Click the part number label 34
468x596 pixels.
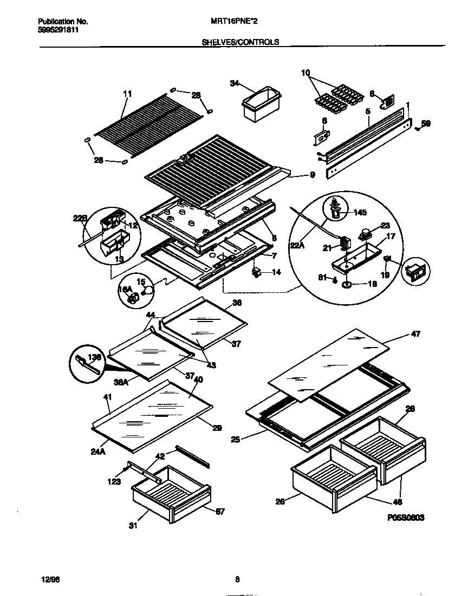tap(234, 83)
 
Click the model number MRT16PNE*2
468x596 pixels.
tap(233, 22)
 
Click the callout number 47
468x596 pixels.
tap(416, 335)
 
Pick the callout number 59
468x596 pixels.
tap(426, 124)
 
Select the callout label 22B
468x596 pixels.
tap(80, 218)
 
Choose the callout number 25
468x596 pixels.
tap(235, 439)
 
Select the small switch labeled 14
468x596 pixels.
tap(258, 272)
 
